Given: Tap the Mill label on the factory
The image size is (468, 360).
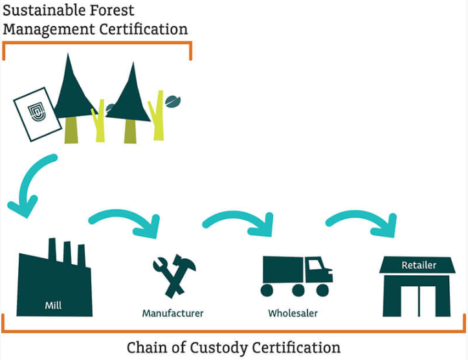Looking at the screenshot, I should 53,305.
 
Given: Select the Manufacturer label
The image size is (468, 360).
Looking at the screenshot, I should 173,313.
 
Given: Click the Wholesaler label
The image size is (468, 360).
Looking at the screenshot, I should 293,313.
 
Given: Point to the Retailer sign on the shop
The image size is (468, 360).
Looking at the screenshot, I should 419,265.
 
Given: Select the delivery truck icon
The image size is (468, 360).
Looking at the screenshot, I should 297,275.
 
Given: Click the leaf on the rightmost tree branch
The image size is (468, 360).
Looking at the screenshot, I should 173,102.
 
